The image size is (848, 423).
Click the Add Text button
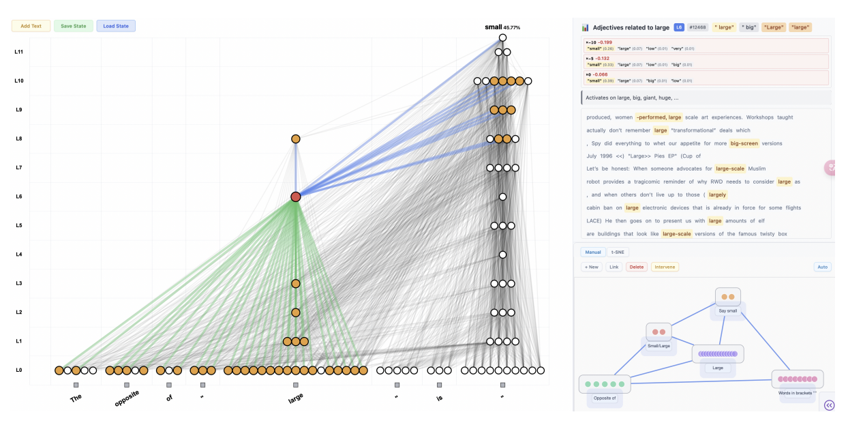click(x=31, y=26)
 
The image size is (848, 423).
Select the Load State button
click(x=116, y=26)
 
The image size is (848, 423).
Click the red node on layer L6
click(x=296, y=196)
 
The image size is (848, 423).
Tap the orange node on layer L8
click(x=296, y=138)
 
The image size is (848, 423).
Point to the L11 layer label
click(x=19, y=52)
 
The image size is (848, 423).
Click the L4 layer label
click(x=19, y=254)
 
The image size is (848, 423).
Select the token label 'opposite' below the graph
click(x=127, y=398)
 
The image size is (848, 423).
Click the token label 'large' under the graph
click(x=296, y=398)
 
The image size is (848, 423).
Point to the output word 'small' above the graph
click(x=493, y=27)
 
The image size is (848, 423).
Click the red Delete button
click(x=636, y=267)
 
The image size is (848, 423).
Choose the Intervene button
click(x=665, y=267)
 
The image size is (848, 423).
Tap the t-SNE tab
click(x=618, y=252)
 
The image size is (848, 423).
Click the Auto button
click(x=822, y=267)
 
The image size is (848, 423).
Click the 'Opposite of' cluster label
click(x=605, y=398)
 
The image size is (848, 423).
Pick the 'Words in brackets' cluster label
click(x=798, y=393)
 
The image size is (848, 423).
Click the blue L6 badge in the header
click(x=679, y=27)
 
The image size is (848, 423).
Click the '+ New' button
click(x=592, y=267)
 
